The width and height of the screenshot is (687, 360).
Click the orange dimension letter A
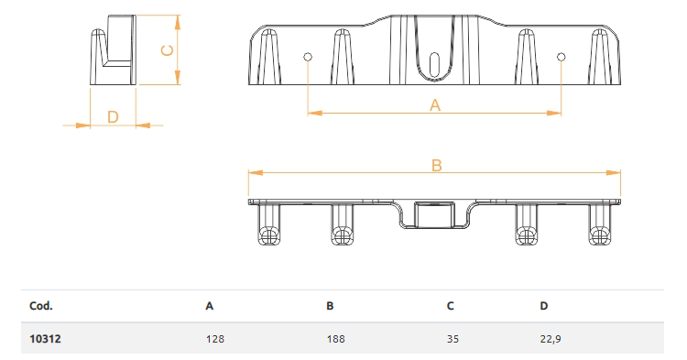tap(434, 105)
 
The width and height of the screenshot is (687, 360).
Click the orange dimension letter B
tap(436, 166)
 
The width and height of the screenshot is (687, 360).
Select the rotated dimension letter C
tap(168, 50)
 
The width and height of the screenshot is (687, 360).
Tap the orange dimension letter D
tap(113, 117)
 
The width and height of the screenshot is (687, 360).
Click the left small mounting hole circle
tap(308, 57)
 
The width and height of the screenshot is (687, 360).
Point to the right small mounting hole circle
tap(562, 57)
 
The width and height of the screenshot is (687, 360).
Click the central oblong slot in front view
tap(434, 65)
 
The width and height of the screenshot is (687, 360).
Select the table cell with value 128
tap(215, 339)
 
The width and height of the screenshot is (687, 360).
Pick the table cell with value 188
tap(335, 339)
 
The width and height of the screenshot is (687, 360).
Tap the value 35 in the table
tap(453, 339)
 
